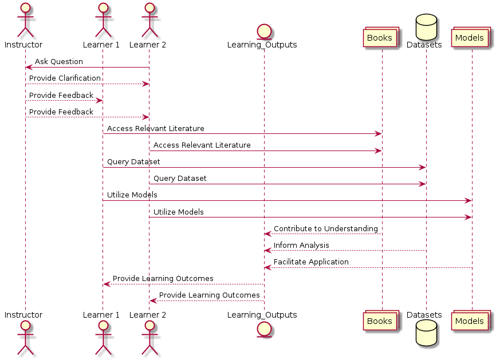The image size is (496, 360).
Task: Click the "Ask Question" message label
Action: pyautogui.click(x=59, y=61)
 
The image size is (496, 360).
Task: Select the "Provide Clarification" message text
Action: pyautogui.click(x=65, y=78)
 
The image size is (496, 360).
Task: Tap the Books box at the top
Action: pyautogui.click(x=379, y=38)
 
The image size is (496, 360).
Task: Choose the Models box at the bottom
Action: pyautogui.click(x=470, y=321)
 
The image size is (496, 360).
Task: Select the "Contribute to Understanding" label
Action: pyautogui.click(x=326, y=228)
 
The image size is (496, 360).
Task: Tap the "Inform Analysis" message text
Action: pyautogui.click(x=301, y=245)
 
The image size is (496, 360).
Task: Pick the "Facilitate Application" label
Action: pyautogui.click(x=311, y=262)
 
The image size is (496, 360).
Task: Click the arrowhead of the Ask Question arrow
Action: pyautogui.click(x=29, y=68)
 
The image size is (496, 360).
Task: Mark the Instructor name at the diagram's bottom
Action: pyautogui.click(x=23, y=315)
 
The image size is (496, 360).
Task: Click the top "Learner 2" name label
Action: pyautogui.click(x=148, y=44)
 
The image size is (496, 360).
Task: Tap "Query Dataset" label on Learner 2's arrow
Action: pyautogui.click(x=180, y=178)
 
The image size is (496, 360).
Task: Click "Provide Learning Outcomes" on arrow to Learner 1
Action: pyautogui.click(x=163, y=278)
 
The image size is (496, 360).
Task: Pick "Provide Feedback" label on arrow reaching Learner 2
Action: pyautogui.click(x=61, y=112)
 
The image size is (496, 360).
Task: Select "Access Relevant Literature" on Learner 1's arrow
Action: pyautogui.click(x=155, y=128)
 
